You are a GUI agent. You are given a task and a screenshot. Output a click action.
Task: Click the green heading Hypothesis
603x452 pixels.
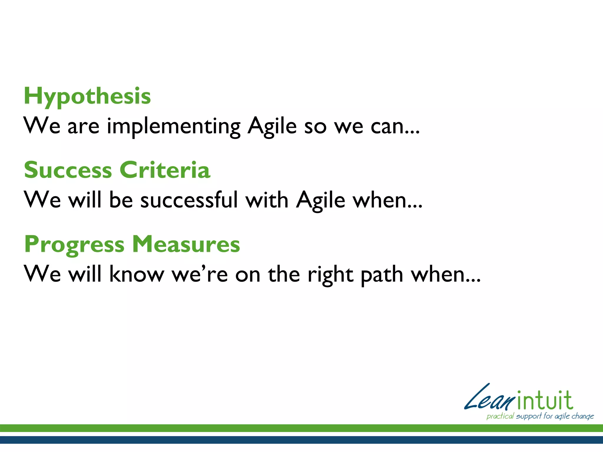[87, 96]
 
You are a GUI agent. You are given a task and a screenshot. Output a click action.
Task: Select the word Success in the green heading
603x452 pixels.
[68, 170]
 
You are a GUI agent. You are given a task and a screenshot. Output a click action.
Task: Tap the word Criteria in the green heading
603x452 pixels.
[165, 170]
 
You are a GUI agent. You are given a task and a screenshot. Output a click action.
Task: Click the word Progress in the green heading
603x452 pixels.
[74, 245]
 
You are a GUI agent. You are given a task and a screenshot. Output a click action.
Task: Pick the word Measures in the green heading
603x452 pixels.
[186, 244]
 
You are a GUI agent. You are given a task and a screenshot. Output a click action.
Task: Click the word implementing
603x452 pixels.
[173, 127]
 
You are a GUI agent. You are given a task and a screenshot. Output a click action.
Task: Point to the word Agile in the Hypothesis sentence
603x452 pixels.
[272, 126]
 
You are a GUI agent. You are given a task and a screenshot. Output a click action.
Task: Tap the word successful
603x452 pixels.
[189, 200]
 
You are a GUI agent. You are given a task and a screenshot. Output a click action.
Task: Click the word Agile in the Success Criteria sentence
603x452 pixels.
[320, 200]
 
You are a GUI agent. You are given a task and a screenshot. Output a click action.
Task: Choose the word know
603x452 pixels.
[137, 274]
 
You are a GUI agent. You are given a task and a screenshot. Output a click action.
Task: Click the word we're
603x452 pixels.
[200, 274]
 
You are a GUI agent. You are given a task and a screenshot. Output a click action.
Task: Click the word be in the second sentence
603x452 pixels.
[121, 200]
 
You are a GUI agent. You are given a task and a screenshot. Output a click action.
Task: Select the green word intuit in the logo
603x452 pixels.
[545, 401]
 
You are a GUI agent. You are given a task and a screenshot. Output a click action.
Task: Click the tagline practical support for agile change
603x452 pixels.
[540, 416]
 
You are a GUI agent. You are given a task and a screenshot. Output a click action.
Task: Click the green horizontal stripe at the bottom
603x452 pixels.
[301, 428]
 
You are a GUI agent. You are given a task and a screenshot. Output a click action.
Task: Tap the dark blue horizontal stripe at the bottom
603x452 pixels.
[301, 440]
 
